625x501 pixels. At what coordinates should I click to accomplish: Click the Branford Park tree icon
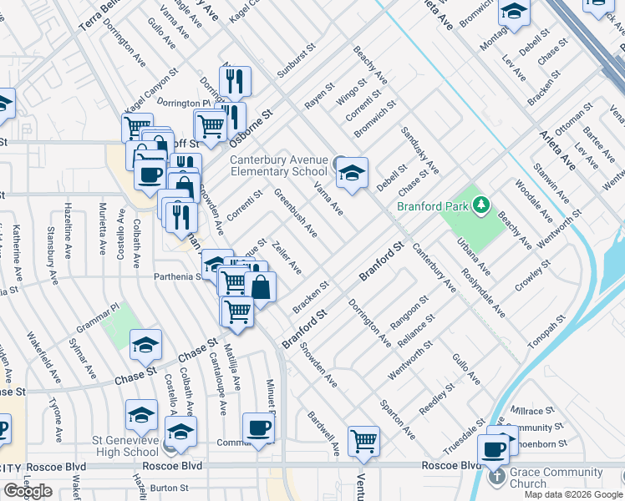[x=480, y=205]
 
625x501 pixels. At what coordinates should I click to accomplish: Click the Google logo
[x=28, y=491]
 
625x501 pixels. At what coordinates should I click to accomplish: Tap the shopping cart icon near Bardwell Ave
[x=363, y=440]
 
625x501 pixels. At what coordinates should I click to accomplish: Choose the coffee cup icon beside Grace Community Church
[x=494, y=449]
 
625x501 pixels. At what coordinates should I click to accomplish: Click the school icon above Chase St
[x=145, y=343]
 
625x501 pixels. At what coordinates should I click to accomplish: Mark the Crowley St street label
[x=533, y=275]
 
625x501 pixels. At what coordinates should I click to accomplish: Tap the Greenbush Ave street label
[x=296, y=212]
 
